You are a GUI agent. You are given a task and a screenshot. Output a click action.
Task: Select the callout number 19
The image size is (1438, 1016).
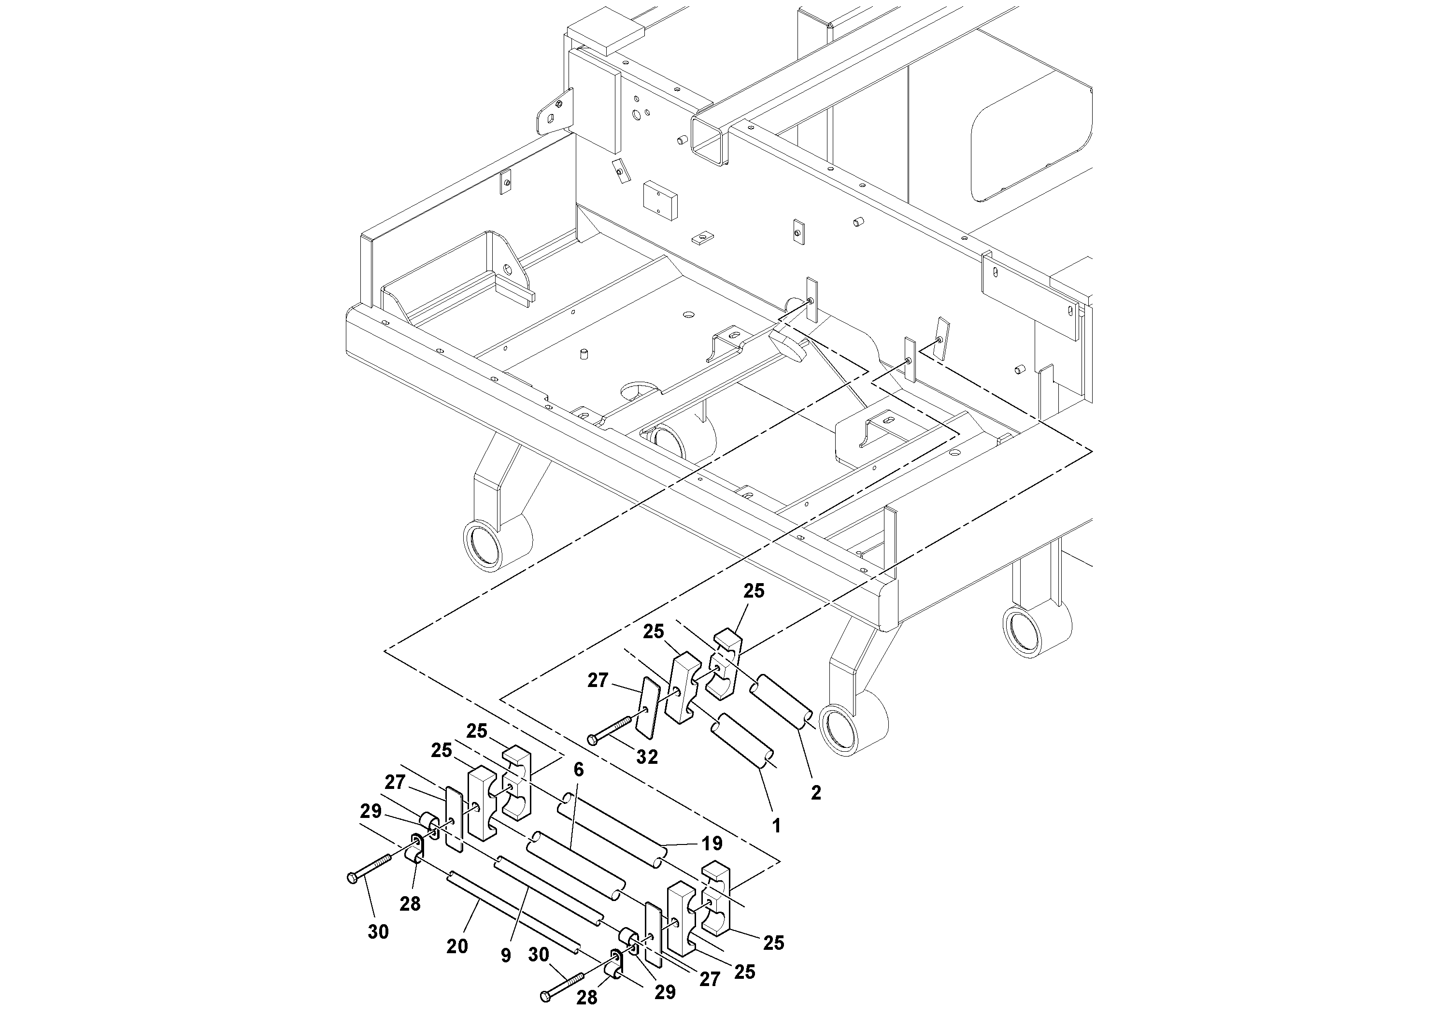[x=712, y=844]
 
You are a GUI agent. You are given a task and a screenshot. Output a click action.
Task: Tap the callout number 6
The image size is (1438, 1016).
[x=578, y=770]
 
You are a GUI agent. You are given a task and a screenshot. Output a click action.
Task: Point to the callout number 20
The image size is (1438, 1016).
[x=457, y=946]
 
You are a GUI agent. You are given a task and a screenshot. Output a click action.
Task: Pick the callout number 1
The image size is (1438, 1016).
[x=777, y=826]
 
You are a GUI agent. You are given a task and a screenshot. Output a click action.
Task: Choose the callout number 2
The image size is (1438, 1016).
[x=815, y=792]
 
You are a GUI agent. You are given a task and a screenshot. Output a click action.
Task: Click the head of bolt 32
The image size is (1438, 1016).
[x=593, y=741]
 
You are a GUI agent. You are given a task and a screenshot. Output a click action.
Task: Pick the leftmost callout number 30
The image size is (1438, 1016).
[x=378, y=932]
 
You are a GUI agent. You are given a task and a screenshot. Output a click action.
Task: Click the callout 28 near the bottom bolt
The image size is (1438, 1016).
[x=587, y=997]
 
